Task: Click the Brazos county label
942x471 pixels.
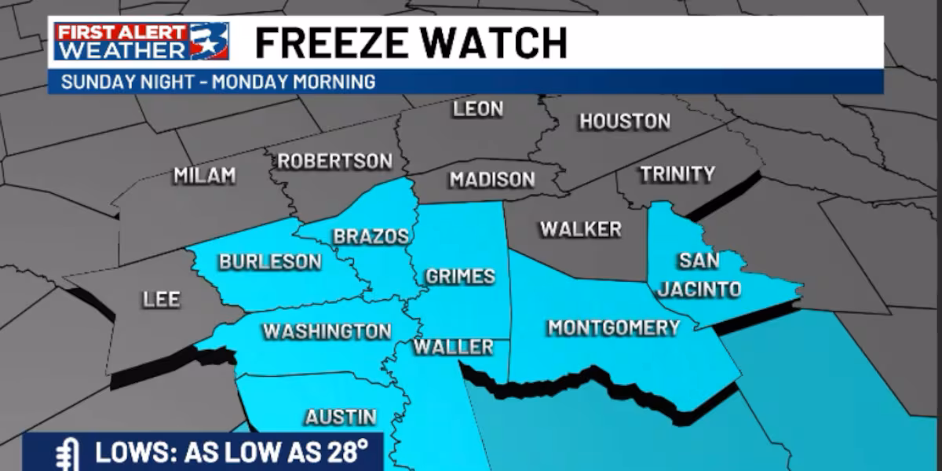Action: pos(371,236)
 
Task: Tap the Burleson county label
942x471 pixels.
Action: pos(270,261)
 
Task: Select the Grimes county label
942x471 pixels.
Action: pos(460,276)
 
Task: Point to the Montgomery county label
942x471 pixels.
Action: pos(613,327)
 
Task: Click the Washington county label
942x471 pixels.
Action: pos(327,331)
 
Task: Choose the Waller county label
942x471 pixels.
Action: pos(453,347)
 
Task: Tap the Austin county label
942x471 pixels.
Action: pos(341,417)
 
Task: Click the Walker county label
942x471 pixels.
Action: pos(580,229)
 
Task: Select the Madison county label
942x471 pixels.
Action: pos(492,180)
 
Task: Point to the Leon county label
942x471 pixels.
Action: pos(477,109)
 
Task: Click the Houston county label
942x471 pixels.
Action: pos(624,121)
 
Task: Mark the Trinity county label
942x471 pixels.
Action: pos(677,173)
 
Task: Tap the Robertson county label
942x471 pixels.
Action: pos(334,161)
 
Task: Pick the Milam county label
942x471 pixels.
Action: pos(204,175)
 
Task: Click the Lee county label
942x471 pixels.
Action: pos(161,299)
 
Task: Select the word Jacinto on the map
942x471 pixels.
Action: pos(699,289)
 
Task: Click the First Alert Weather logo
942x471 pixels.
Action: pos(142,42)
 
